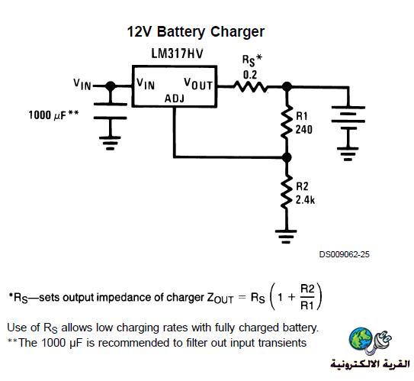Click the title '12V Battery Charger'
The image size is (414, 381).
pyautogui.click(x=196, y=32)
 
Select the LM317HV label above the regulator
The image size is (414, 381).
pyautogui.click(x=177, y=53)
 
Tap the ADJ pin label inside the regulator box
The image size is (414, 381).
pyautogui.click(x=175, y=98)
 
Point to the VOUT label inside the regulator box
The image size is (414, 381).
pyautogui.click(x=198, y=84)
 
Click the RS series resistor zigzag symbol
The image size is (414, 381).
pyautogui.click(x=250, y=86)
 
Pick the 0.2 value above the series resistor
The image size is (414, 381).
pyautogui.click(x=250, y=75)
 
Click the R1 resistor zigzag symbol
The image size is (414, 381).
pyautogui.click(x=287, y=121)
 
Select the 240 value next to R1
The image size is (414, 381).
pyautogui.click(x=303, y=130)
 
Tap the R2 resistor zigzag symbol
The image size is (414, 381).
pyautogui.click(x=287, y=192)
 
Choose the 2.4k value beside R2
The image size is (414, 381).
pyautogui.click(x=305, y=200)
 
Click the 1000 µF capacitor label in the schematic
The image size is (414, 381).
pyautogui.click(x=53, y=115)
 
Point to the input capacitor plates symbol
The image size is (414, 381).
pyautogui.click(x=111, y=111)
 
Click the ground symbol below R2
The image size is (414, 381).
pyautogui.click(x=286, y=237)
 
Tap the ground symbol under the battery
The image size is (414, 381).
pyautogui.click(x=348, y=154)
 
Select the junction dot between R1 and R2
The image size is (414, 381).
pyautogui.click(x=287, y=157)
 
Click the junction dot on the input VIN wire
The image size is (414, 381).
pyautogui.click(x=111, y=86)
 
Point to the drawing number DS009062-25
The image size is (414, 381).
pyautogui.click(x=345, y=254)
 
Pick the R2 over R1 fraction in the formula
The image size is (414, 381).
pyautogui.click(x=307, y=297)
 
